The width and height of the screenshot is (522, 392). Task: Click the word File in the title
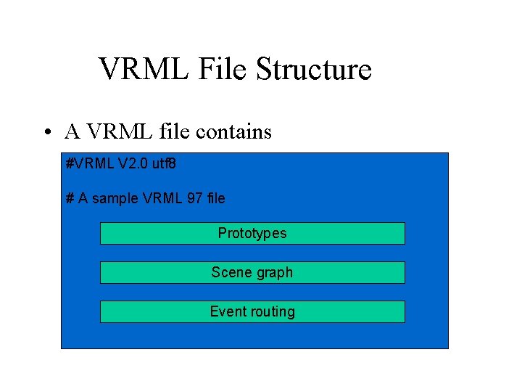coord(215,70)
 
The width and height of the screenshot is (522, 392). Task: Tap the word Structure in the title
coord(313,70)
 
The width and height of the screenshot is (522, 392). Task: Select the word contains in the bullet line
coord(234,132)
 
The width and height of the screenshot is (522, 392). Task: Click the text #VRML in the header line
coord(90,164)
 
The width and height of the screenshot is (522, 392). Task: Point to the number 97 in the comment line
coord(194,197)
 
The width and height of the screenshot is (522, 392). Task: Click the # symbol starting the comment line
coord(70,197)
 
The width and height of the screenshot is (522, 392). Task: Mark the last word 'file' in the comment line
coord(215,197)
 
